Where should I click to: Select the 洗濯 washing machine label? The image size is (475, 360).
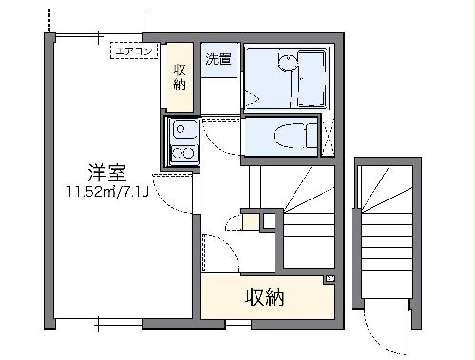coord(217,59)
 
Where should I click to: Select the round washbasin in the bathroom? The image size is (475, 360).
coord(284,60)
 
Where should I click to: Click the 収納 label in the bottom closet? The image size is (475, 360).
coord(266,298)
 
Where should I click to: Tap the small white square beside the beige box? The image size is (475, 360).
coord(269,221)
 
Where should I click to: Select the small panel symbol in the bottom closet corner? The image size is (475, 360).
coord(330,278)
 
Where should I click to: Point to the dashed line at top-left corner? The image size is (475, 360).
coord(46,17)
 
